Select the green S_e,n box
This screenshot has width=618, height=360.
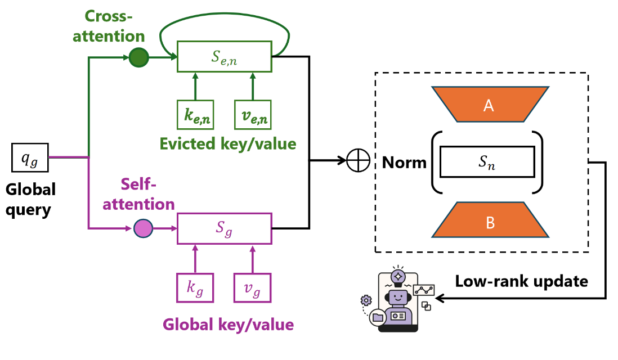pyautogui.click(x=225, y=56)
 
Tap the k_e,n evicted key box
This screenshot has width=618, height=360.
pyautogui.click(x=195, y=115)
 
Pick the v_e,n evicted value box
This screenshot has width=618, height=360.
pyautogui.click(x=253, y=115)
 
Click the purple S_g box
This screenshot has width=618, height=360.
pyautogui.click(x=225, y=228)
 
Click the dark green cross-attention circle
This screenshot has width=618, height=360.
pyautogui.click(x=138, y=57)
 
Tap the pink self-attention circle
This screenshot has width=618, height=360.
pyautogui.click(x=143, y=228)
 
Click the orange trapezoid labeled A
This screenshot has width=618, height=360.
pyautogui.click(x=489, y=104)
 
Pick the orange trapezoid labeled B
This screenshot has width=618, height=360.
pyautogui.click(x=490, y=220)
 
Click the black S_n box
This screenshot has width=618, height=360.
pyautogui.click(x=487, y=162)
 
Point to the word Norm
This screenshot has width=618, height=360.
pyautogui.click(x=404, y=163)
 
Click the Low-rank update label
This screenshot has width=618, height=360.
pyautogui.click(x=521, y=281)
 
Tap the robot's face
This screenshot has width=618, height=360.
pyautogui.click(x=398, y=296)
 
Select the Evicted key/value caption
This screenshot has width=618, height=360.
pyautogui.click(x=227, y=143)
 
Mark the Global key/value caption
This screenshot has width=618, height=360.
pyautogui.click(x=228, y=325)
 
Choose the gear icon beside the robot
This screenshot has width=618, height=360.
pyautogui.click(x=366, y=300)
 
